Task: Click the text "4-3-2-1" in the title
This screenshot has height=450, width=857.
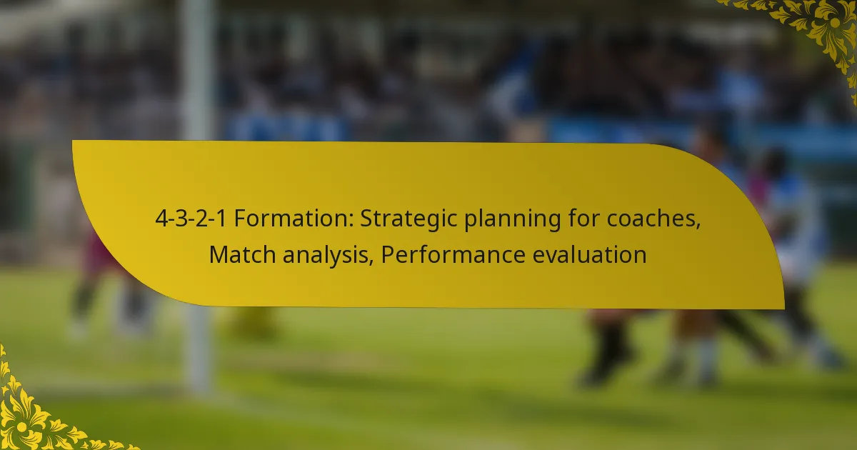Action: pos(191,220)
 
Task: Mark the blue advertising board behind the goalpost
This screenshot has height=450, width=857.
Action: pos(286,129)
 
